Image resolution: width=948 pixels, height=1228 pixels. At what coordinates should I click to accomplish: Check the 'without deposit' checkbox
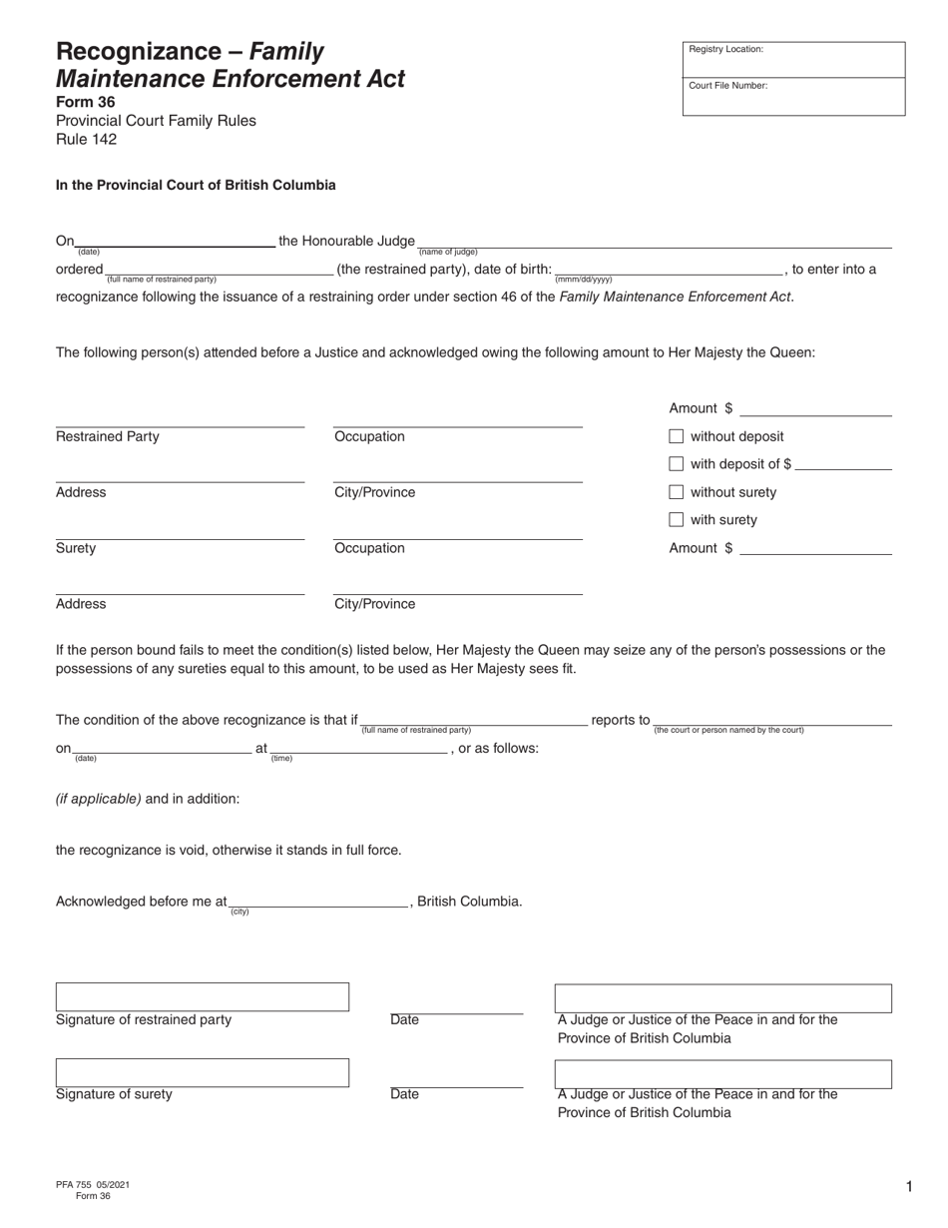(x=676, y=436)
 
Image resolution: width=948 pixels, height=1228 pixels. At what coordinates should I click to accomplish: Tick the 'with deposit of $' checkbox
(x=676, y=464)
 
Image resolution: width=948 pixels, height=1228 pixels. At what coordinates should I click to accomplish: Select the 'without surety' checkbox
(x=676, y=492)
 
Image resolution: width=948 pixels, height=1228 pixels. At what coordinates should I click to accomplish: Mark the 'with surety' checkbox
(x=676, y=520)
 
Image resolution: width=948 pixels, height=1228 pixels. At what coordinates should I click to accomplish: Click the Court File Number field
(x=793, y=98)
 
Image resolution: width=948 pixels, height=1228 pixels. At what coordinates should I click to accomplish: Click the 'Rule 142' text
(x=86, y=139)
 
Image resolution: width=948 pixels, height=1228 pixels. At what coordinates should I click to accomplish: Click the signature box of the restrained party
(x=202, y=997)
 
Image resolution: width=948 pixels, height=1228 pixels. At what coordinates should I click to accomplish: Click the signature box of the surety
(x=202, y=1072)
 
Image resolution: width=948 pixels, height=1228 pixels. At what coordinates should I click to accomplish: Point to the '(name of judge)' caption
(x=448, y=253)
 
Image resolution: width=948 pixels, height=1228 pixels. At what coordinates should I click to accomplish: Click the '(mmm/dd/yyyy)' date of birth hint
(x=583, y=280)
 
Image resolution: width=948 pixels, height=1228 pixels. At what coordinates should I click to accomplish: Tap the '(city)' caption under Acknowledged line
(x=239, y=913)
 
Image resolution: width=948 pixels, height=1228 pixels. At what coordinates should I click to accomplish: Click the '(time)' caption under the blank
(x=281, y=759)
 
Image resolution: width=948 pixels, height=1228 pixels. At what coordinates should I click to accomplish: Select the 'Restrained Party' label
(x=107, y=436)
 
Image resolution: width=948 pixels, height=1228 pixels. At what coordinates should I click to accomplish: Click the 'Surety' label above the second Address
(x=76, y=548)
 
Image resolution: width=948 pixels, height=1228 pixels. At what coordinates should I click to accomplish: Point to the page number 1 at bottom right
(x=909, y=1187)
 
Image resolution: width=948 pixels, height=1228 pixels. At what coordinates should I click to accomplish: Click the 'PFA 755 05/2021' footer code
(x=92, y=1184)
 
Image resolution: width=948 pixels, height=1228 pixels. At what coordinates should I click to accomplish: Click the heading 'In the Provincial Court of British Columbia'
(x=196, y=185)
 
